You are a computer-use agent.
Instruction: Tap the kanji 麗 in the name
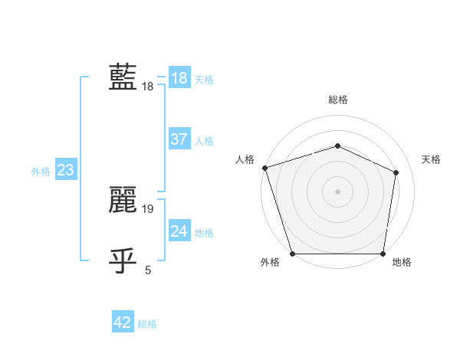[x=123, y=201]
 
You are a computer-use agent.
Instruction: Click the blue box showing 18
[x=179, y=78]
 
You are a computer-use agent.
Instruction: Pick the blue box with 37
[x=179, y=139]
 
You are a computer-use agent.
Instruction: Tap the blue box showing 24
[x=179, y=231]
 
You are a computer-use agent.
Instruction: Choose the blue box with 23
[x=65, y=170]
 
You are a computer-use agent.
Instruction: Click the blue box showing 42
[x=123, y=322]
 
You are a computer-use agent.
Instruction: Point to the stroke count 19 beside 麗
[x=149, y=208]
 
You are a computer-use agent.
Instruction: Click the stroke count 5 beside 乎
[x=148, y=269]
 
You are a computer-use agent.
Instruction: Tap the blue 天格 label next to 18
[x=204, y=79]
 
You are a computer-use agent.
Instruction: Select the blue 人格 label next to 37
[x=204, y=141]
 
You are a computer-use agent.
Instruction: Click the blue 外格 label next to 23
[x=41, y=172]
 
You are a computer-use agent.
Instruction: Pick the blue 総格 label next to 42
[x=147, y=324]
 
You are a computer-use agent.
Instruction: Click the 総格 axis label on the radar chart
[x=337, y=100]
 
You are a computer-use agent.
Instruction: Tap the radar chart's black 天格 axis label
[x=431, y=159]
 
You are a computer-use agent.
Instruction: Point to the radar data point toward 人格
[x=264, y=168]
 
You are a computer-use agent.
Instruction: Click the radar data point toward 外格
[x=293, y=254]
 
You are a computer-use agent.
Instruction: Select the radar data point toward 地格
[x=383, y=254]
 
